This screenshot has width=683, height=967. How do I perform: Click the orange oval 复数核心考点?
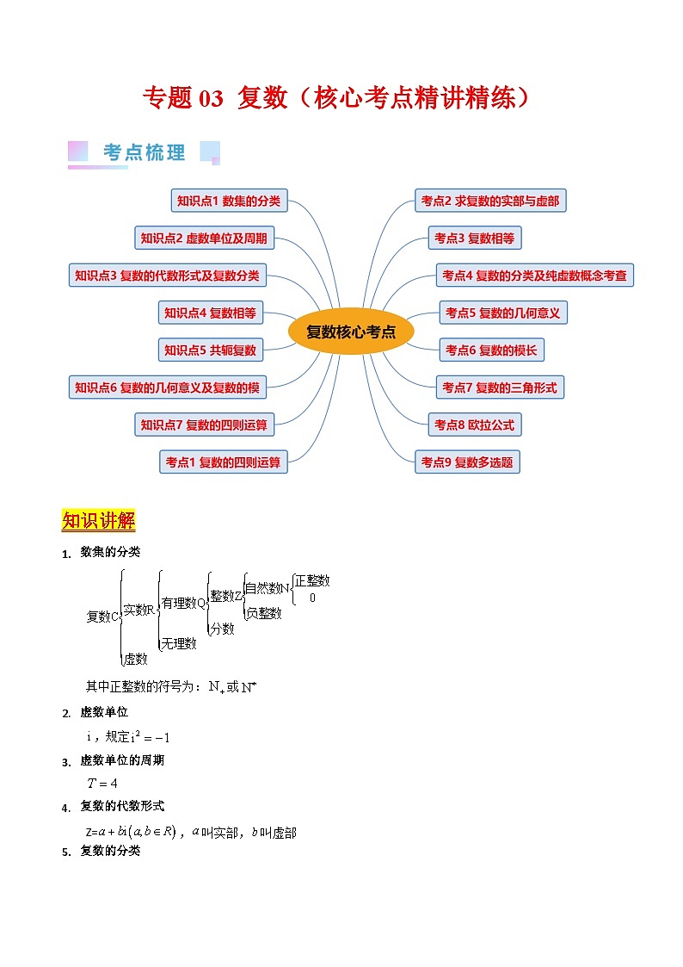pos(351,332)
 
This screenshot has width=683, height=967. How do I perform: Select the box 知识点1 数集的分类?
pos(229,201)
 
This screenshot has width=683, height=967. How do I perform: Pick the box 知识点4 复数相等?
pos(211,313)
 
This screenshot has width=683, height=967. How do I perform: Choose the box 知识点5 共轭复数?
pos(211,350)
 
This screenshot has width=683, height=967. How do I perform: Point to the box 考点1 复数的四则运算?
pos(223,462)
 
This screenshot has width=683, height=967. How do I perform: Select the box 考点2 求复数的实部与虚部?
pos(489,201)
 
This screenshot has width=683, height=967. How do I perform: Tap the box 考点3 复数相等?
pos(474,239)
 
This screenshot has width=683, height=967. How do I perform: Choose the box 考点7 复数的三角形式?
pos(499,387)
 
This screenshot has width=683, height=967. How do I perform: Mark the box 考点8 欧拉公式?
pos(474,425)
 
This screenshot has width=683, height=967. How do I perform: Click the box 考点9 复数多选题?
pos(467,462)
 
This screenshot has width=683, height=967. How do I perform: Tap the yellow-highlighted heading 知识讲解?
pos(98,522)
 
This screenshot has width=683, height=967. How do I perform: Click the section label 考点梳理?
pos(144,152)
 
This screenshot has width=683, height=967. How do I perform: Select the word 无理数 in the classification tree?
pos(179,643)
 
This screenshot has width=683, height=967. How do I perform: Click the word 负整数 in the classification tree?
pos(263,613)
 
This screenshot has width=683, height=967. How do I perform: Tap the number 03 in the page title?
pos(211,99)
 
